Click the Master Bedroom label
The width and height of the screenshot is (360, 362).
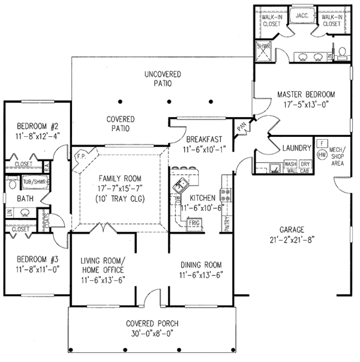(x=306, y=94)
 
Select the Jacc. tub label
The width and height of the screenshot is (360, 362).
(x=301, y=17)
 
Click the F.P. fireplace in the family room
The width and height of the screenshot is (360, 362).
(x=81, y=158)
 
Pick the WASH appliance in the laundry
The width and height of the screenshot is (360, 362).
(x=290, y=163)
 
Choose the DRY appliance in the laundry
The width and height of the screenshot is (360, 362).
(x=305, y=163)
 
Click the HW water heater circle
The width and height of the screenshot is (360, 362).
(x=322, y=154)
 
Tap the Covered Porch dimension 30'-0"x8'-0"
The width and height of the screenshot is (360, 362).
(x=152, y=332)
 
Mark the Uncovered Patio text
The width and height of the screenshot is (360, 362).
(x=163, y=79)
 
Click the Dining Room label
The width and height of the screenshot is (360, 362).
(x=201, y=264)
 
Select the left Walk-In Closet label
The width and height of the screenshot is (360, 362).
(x=272, y=20)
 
